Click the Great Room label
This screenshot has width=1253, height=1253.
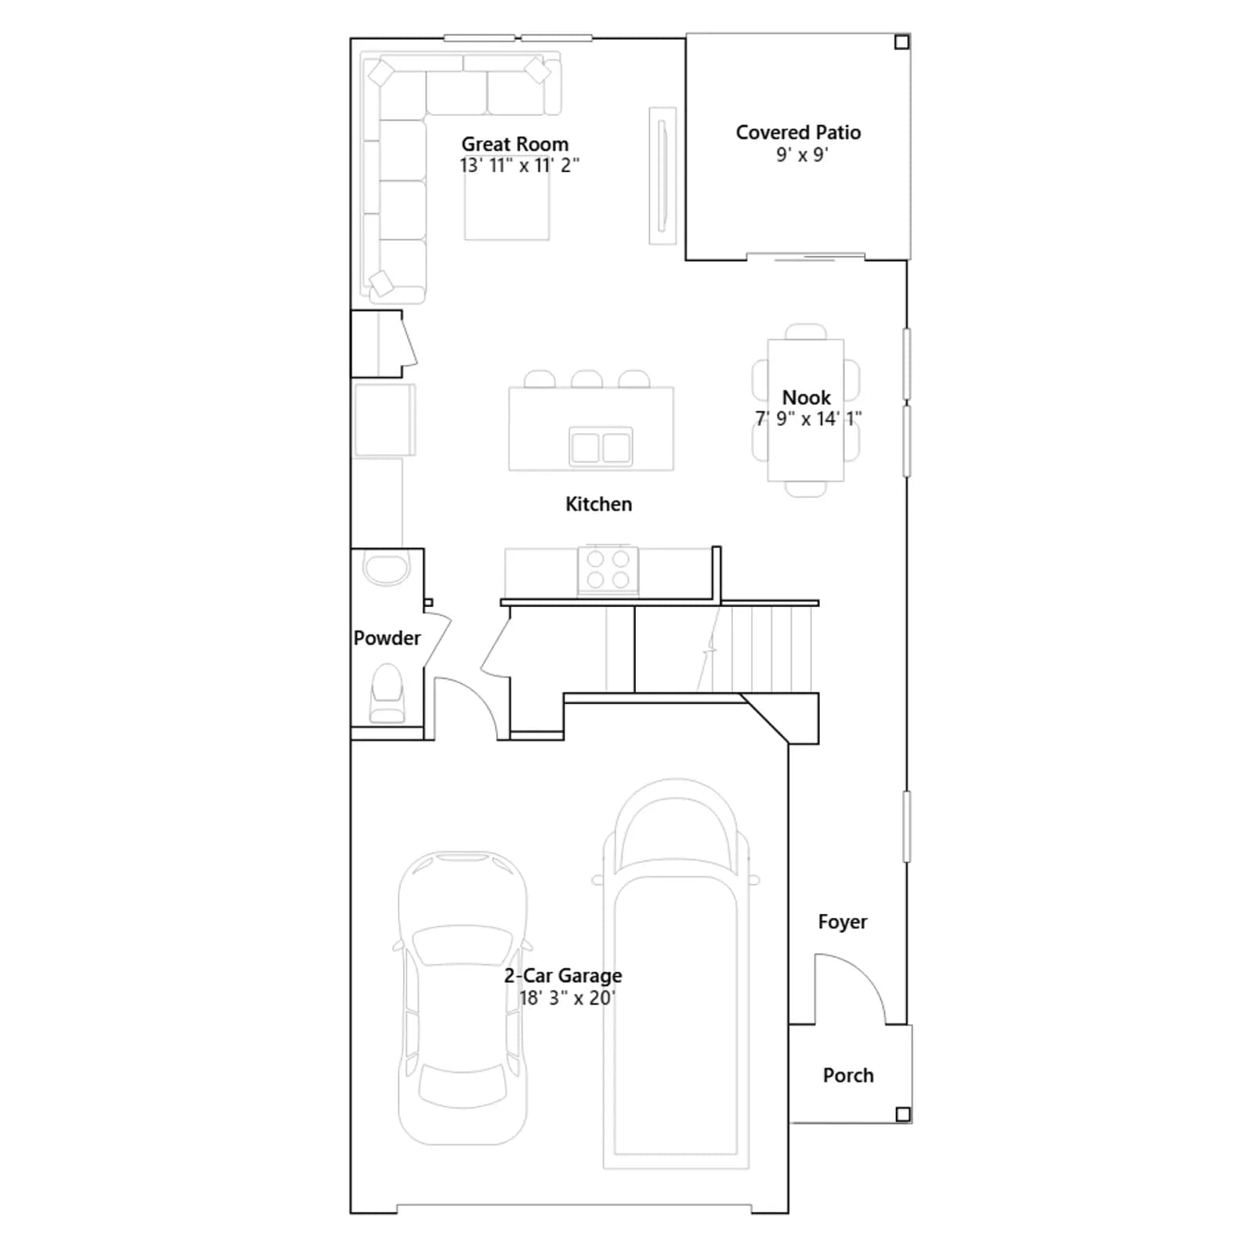515,144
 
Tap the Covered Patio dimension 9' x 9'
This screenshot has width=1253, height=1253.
802,155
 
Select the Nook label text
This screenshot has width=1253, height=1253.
806,397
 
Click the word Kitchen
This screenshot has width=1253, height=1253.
598,504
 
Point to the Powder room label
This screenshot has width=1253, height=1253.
387,638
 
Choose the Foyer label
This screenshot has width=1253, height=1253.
843,923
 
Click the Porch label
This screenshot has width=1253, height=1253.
848,1075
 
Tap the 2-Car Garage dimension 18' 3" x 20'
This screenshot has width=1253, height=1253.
567,998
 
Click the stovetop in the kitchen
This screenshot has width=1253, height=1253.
608,569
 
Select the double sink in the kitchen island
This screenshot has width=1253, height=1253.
601,448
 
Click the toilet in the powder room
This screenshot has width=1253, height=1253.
387,693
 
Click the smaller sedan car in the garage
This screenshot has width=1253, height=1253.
463,998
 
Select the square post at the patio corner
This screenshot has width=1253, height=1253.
902,42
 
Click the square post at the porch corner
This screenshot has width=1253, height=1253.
903,1114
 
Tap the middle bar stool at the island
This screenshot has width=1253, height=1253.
587,379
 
